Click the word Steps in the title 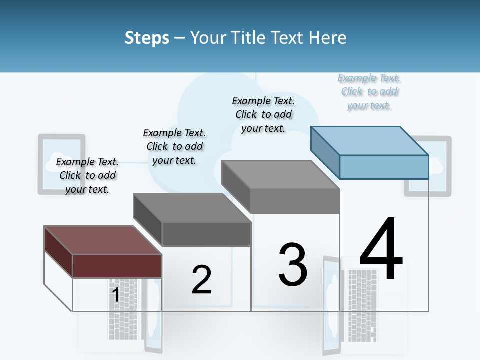[x=147, y=38]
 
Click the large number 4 [x=381, y=250]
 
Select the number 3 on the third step [x=293, y=265]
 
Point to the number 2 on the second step [x=201, y=280]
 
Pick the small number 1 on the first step [x=115, y=295]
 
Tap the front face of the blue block [x=384, y=167]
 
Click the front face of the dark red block [x=117, y=266]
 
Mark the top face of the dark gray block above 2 [x=192, y=208]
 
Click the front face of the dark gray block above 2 [x=206, y=234]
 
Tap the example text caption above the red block [x=87, y=175]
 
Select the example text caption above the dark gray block [x=174, y=146]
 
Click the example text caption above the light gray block [x=263, y=114]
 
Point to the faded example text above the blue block [x=369, y=91]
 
